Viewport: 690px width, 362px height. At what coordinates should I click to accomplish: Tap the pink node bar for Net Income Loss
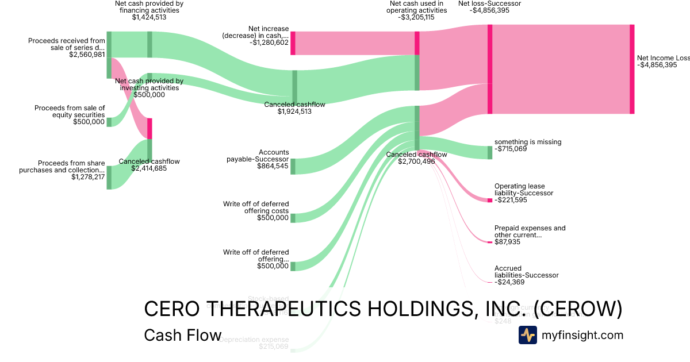(x=632, y=69)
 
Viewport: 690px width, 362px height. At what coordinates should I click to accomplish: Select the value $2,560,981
(x=87, y=55)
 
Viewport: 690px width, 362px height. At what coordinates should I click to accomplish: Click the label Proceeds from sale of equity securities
(x=70, y=111)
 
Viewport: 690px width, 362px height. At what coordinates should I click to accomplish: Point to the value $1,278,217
(x=88, y=177)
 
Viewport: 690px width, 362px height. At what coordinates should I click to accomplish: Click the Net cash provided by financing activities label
(x=149, y=7)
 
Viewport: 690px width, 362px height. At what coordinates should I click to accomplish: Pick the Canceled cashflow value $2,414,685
(x=149, y=169)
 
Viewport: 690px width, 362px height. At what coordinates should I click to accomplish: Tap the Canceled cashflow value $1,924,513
(x=294, y=111)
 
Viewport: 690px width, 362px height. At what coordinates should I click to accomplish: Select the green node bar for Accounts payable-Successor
(x=293, y=166)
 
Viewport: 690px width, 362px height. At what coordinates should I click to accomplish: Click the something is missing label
(x=528, y=142)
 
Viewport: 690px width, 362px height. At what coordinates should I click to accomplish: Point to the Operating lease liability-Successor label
(x=524, y=190)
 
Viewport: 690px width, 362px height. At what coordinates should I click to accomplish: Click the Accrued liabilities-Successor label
(x=526, y=272)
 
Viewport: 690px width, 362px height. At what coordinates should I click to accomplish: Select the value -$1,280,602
(x=269, y=42)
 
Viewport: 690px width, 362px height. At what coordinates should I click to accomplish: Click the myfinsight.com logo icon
(x=527, y=335)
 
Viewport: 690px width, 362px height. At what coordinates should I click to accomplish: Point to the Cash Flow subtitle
(x=182, y=335)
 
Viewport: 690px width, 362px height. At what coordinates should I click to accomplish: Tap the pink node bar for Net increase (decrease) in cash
(x=293, y=43)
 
